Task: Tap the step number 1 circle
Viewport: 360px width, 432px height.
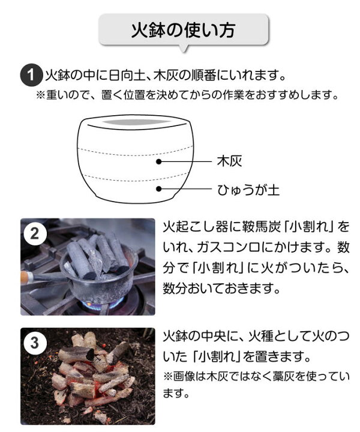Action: coord(29,76)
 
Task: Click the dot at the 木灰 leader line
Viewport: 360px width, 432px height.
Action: coord(159,161)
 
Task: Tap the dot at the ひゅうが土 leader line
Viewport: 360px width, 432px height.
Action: coord(159,190)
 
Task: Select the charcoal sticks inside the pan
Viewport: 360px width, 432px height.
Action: coord(96,255)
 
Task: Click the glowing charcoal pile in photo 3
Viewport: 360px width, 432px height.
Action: coord(93,375)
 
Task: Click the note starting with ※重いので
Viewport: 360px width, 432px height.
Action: coord(186,95)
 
